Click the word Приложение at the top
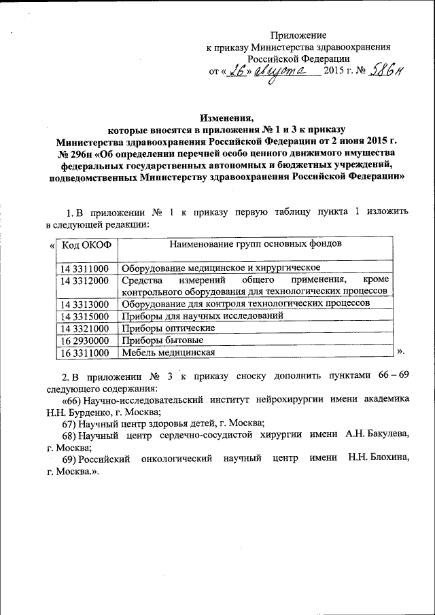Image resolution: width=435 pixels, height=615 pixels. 299,35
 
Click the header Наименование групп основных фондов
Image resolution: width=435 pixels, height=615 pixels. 256,243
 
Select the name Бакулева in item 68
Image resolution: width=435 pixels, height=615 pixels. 385,435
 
